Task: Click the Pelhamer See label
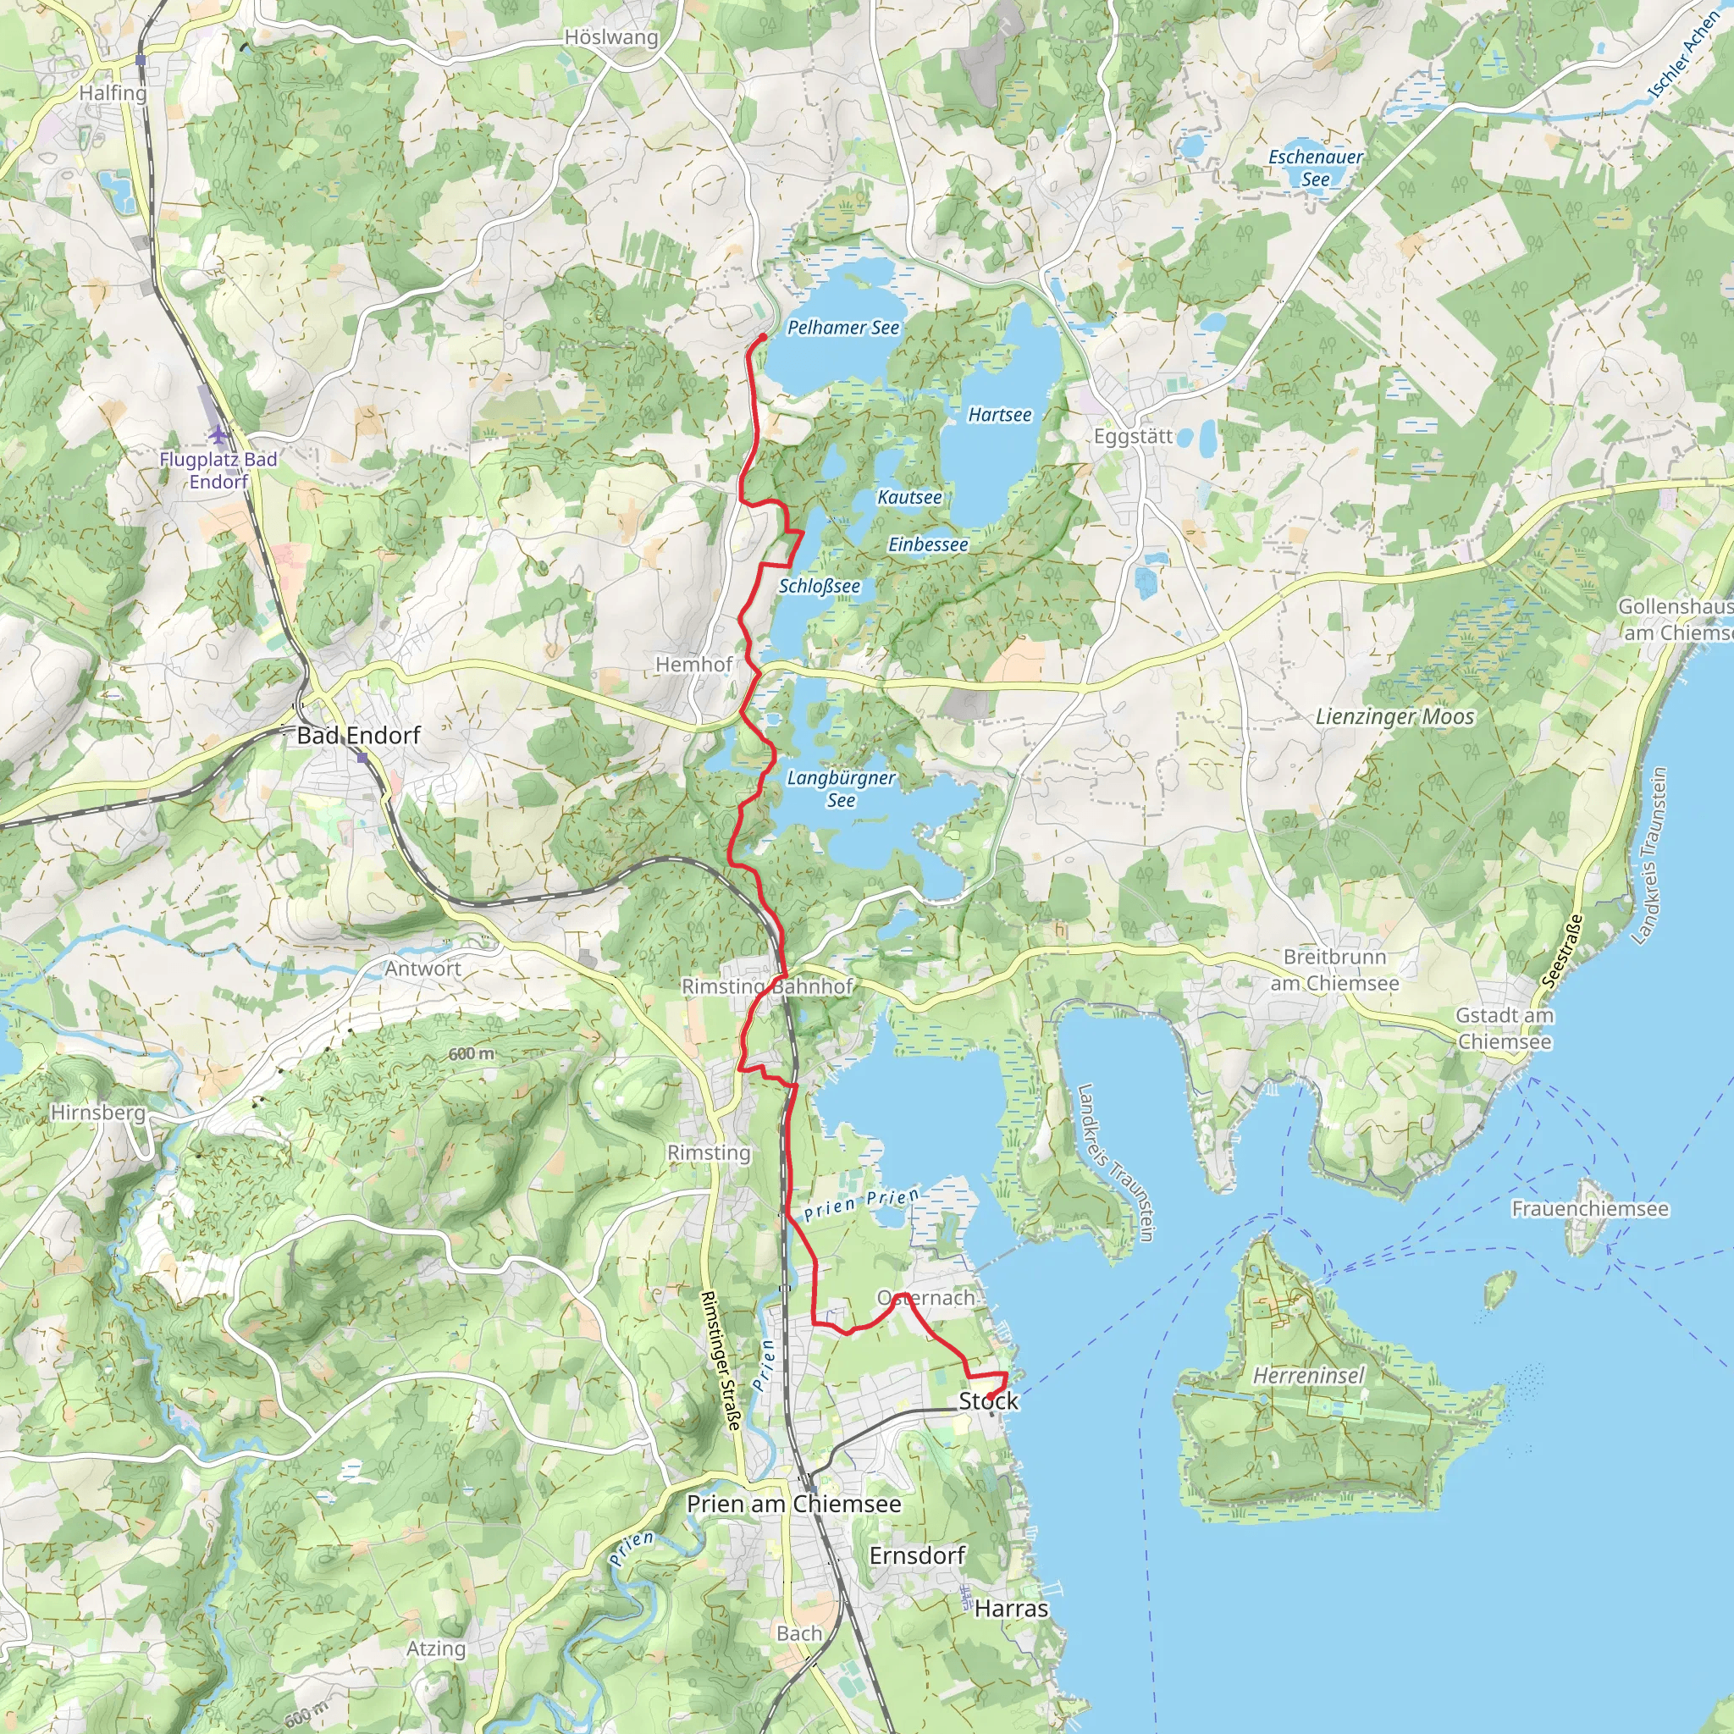(x=842, y=328)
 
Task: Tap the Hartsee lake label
(x=1000, y=415)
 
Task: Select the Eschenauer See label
(x=1315, y=168)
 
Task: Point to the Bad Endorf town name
(x=358, y=735)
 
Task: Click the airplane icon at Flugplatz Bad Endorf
(x=218, y=435)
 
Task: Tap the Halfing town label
(x=113, y=93)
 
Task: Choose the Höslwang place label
(x=611, y=38)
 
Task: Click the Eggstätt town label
(x=1133, y=436)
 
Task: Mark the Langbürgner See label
(x=841, y=788)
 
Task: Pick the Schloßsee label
(x=819, y=586)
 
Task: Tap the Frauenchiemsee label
(x=1589, y=1209)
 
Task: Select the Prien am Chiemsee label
(x=793, y=1504)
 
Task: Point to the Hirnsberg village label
(x=98, y=1112)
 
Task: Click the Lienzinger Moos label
(x=1394, y=716)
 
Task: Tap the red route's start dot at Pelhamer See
(x=763, y=338)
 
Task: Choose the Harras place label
(x=1011, y=1609)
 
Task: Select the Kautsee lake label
(x=909, y=497)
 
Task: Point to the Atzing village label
(x=436, y=1648)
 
